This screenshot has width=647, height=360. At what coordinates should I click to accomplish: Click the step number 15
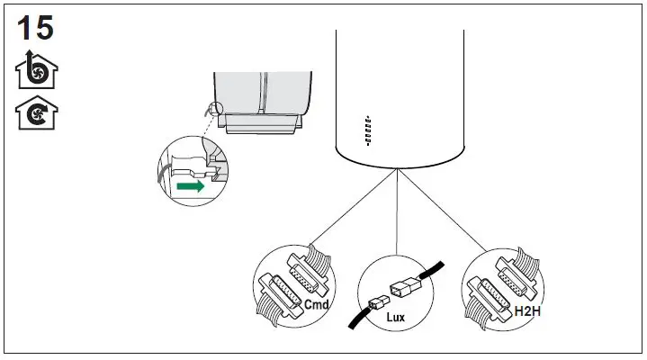pyautogui.click(x=35, y=27)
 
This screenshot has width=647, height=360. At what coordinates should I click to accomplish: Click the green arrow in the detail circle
pyautogui.click(x=191, y=187)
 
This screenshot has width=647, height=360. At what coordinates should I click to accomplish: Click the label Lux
pyautogui.click(x=396, y=318)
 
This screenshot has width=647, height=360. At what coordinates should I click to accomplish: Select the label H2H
pyautogui.click(x=526, y=310)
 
